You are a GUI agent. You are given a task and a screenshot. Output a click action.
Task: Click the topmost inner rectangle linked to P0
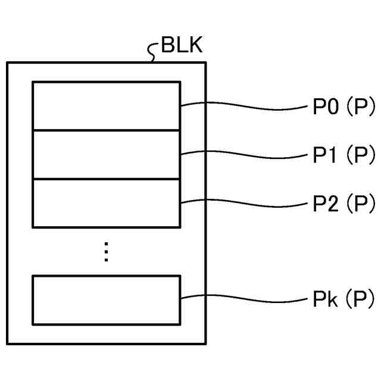pyautogui.click(x=106, y=105)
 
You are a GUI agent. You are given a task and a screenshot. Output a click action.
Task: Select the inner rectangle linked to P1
pyautogui.click(x=106, y=154)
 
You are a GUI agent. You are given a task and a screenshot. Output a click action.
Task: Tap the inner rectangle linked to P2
pyautogui.click(x=106, y=202)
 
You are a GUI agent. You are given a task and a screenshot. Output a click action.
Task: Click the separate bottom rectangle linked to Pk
pyautogui.click(x=106, y=299)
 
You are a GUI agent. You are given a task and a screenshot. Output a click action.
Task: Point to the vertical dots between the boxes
pyautogui.click(x=106, y=252)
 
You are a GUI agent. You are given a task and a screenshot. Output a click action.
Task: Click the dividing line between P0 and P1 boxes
pyautogui.click(x=106, y=130)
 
